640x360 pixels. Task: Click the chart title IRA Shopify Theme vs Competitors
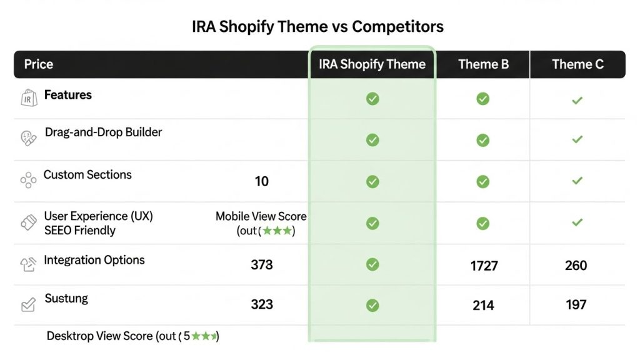tap(317, 27)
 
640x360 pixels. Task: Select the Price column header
tap(39, 64)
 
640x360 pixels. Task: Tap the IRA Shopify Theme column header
tap(372, 64)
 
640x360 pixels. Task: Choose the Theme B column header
tap(483, 64)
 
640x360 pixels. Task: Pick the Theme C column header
tap(577, 64)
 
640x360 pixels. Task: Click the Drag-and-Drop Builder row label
tap(103, 132)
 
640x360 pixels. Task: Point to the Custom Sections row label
tap(87, 175)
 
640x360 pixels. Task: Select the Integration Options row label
tap(94, 260)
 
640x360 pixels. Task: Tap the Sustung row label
tap(66, 299)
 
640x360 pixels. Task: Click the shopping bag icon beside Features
tap(28, 98)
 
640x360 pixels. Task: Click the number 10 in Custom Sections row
tap(262, 182)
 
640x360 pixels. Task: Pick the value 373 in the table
tap(262, 265)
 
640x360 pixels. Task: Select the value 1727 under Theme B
tap(484, 266)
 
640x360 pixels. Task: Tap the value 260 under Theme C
tap(576, 266)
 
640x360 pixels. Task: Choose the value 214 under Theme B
tap(483, 306)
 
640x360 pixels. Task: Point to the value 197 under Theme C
tap(576, 305)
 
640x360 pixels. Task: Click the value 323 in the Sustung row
tap(262, 304)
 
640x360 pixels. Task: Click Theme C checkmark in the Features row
tap(577, 100)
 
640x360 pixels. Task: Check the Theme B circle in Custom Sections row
tap(482, 182)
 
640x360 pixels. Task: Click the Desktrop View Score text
tap(132, 336)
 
